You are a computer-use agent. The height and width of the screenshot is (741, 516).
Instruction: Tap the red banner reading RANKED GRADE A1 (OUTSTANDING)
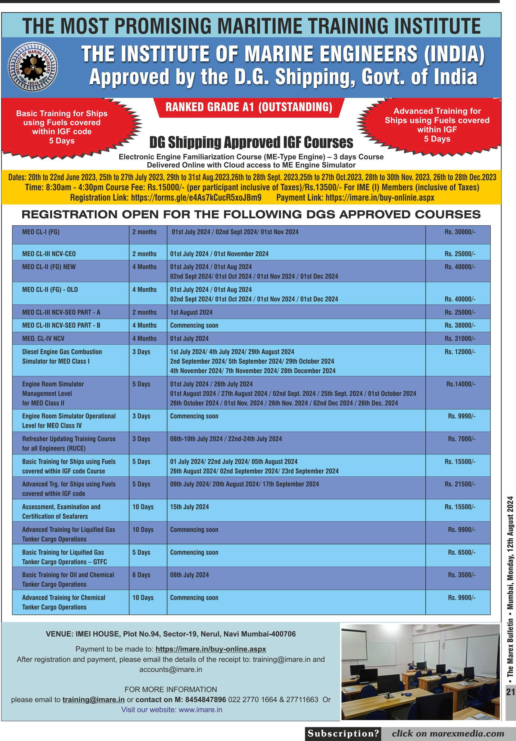point(249,107)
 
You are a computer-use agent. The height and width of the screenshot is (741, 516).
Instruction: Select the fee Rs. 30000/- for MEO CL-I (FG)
point(460,232)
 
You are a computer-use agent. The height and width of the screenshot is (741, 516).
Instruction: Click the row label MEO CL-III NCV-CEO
point(49,254)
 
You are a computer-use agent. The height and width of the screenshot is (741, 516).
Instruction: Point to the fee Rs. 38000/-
point(460,325)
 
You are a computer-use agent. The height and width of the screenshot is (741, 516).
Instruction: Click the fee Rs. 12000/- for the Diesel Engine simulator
point(460,352)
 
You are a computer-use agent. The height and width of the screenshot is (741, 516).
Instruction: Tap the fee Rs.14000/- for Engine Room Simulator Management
point(460,384)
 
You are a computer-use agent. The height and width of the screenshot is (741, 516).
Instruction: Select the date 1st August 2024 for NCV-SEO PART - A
point(191,312)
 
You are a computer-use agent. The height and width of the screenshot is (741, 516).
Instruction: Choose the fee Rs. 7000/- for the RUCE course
point(461,439)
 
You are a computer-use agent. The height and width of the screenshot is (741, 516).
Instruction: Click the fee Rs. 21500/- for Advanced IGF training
point(460,484)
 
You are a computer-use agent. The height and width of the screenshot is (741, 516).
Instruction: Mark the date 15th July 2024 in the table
point(189,507)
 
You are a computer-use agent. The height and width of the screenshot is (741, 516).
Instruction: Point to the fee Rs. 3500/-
point(461,575)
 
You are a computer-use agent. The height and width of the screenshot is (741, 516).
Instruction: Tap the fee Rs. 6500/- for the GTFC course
point(461,552)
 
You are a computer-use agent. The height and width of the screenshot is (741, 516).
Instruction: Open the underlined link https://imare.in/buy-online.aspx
point(211,649)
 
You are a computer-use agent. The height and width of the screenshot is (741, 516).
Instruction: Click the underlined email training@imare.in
point(94,699)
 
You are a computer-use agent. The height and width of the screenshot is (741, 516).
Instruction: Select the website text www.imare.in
point(200,709)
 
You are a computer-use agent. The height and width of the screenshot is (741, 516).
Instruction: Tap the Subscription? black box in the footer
point(343,733)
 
